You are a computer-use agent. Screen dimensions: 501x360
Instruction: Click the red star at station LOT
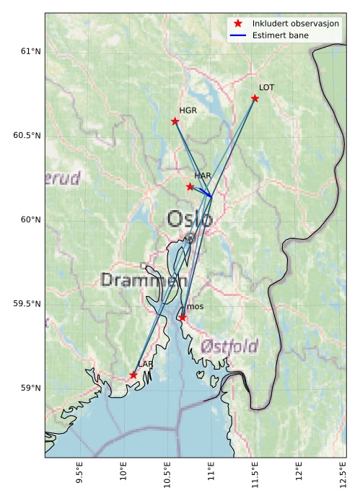coord(255,98)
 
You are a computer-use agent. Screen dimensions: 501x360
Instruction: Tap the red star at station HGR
coord(175,121)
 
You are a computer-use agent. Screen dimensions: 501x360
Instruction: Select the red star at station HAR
coord(190,186)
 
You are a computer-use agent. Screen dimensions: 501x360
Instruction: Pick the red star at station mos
coord(183,318)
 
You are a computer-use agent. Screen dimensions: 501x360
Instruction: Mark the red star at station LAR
coord(133,375)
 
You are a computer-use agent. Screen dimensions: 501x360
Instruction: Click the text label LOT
coord(266,87)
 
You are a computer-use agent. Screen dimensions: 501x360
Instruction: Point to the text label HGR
coord(188,111)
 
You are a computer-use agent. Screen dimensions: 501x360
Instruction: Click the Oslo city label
coord(190,219)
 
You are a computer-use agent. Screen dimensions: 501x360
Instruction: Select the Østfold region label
coord(229,346)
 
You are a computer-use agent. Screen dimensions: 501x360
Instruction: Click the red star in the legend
coord(237,24)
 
